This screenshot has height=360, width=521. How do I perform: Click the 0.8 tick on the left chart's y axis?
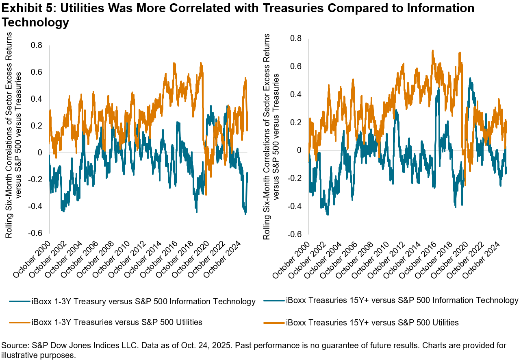(37, 46)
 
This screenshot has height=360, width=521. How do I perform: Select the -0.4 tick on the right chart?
(294, 206)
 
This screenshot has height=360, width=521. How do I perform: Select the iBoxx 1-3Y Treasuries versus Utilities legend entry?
(117, 322)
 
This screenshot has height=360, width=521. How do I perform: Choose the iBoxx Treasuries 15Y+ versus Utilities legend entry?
(372, 322)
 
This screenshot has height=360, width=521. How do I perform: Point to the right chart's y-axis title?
(272, 136)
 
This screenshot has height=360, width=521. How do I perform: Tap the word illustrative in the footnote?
(19, 355)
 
